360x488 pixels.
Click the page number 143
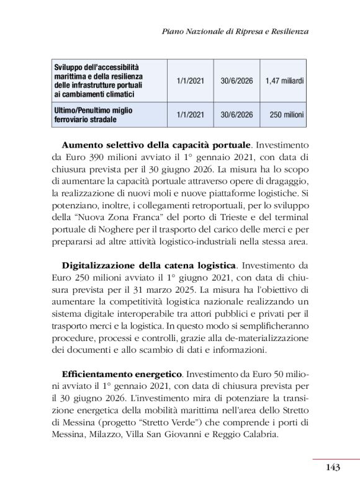[x=332, y=468]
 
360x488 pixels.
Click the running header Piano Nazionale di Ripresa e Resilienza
[x=235, y=30]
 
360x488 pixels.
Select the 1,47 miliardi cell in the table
[x=284, y=81]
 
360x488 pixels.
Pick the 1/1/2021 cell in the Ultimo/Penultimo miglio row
[x=190, y=115]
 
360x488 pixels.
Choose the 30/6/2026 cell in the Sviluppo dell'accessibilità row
[x=236, y=81]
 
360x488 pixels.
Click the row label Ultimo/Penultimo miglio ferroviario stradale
[x=93, y=115]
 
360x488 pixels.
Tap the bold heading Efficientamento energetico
[x=122, y=375]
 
